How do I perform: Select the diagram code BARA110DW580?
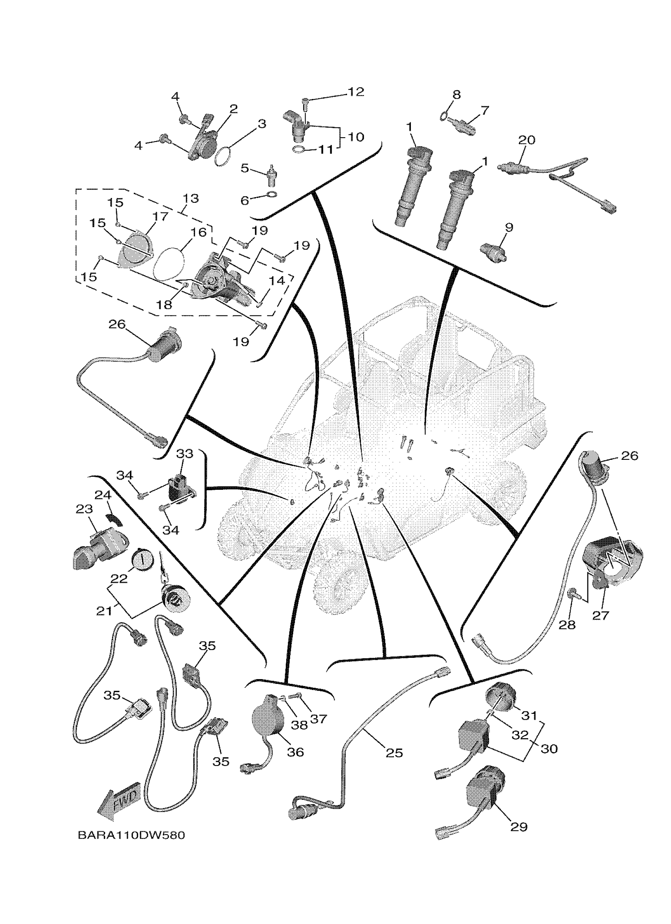(x=131, y=836)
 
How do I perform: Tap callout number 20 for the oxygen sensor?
(x=526, y=140)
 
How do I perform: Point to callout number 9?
(x=509, y=227)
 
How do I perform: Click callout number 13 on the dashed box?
(x=190, y=198)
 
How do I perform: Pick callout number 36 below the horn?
(x=296, y=752)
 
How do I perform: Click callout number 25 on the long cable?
(x=394, y=752)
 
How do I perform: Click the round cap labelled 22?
(x=142, y=556)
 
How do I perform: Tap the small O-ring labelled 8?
(x=443, y=118)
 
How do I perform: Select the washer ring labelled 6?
(x=272, y=194)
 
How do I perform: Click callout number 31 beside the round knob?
(x=529, y=715)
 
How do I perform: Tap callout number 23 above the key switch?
(x=84, y=509)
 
